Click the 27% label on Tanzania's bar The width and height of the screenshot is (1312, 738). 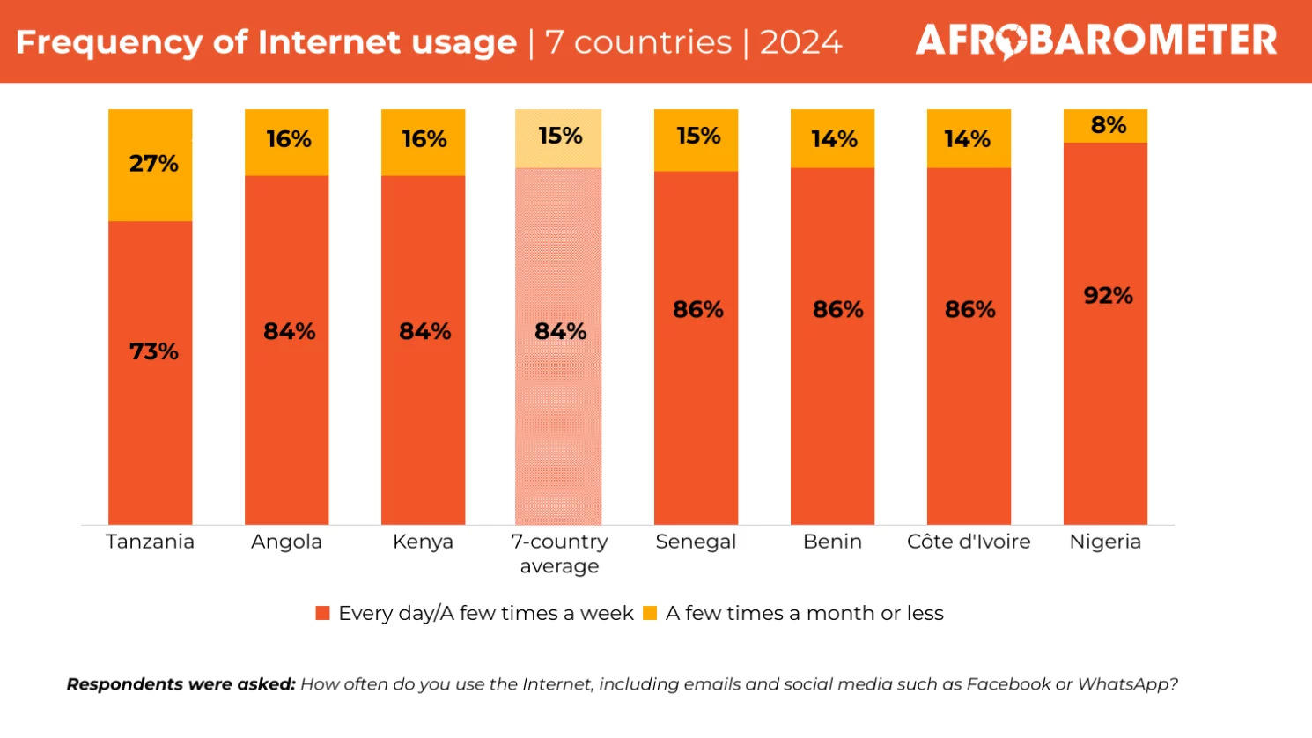(154, 164)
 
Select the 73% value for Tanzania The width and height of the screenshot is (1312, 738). (154, 351)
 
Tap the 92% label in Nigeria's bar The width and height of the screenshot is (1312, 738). (1108, 296)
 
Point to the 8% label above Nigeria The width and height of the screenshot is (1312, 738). (1108, 125)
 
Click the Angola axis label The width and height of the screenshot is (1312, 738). (286, 542)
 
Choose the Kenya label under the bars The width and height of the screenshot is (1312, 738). (423, 542)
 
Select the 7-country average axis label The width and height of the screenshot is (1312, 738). (559, 553)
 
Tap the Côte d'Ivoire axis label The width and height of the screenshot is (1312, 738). (969, 542)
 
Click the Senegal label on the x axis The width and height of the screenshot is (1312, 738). (696, 542)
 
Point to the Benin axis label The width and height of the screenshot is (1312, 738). (832, 542)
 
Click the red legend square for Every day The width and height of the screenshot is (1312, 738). (323, 613)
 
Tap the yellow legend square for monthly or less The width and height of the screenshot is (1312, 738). (650, 613)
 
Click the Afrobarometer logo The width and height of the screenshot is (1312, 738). (1095, 41)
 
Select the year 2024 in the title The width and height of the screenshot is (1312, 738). (800, 42)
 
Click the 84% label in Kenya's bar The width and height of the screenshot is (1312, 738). (424, 331)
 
